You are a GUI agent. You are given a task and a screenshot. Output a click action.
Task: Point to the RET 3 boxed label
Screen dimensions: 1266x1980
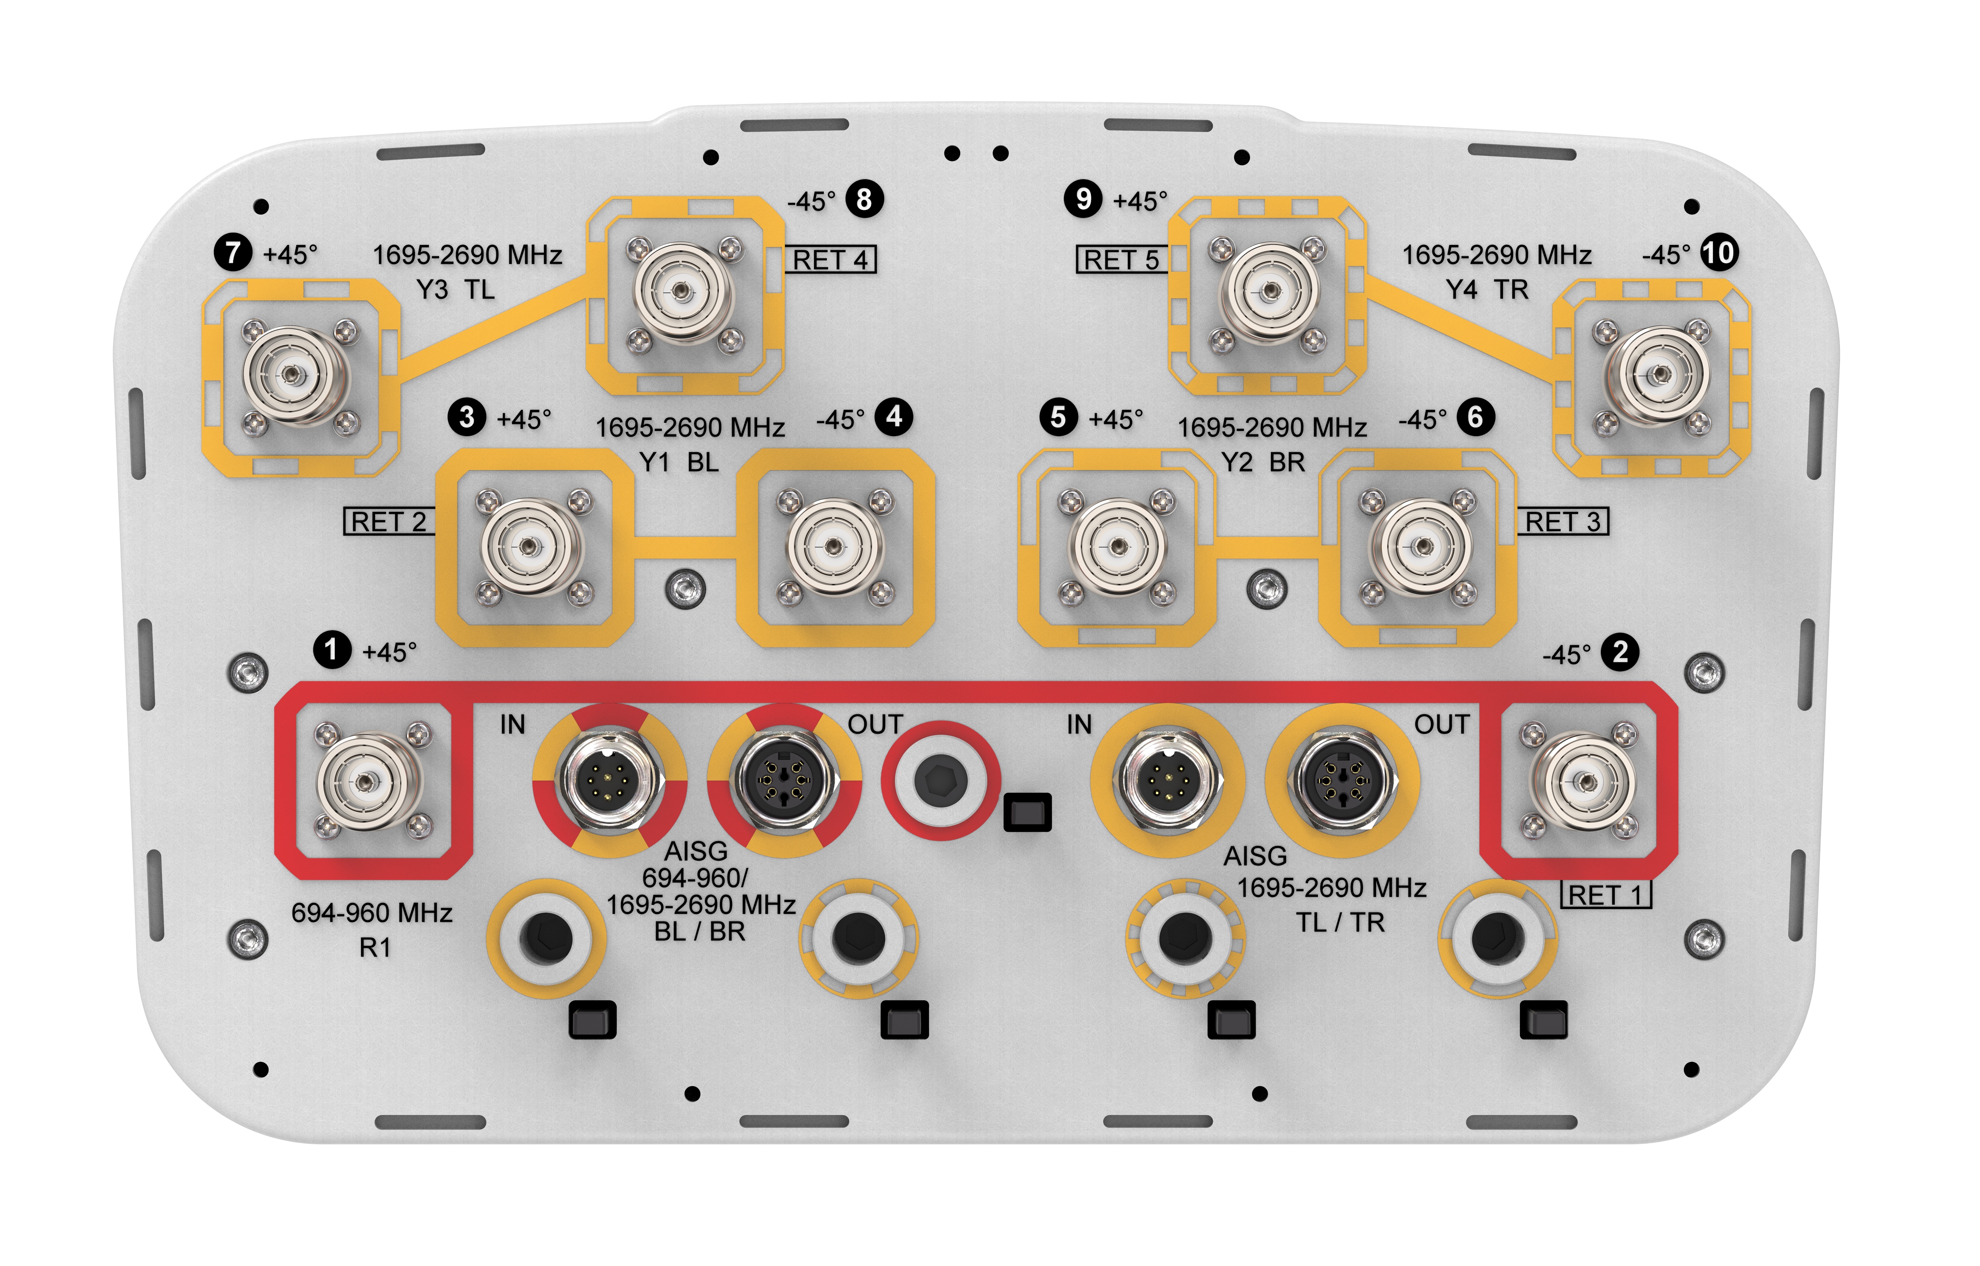(1562, 522)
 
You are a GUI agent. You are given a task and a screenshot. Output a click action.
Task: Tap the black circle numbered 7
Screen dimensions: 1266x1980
(233, 252)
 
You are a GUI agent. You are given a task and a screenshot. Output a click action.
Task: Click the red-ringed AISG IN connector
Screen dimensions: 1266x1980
(609, 779)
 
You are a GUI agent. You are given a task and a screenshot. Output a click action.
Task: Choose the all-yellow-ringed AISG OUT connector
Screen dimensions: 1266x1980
(1342, 779)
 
